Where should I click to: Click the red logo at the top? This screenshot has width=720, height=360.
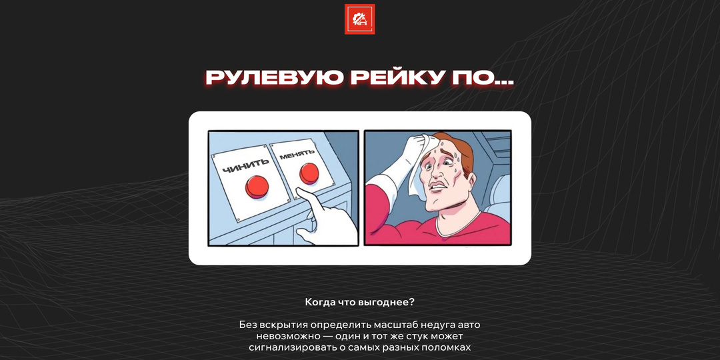pos(359,19)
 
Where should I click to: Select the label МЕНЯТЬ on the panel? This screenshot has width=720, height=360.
pos(297,155)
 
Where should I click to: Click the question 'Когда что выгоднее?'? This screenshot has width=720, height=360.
pos(359,302)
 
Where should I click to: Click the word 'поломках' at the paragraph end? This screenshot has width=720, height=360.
pos(447,347)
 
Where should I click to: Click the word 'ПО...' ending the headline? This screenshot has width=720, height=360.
pos(484,77)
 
